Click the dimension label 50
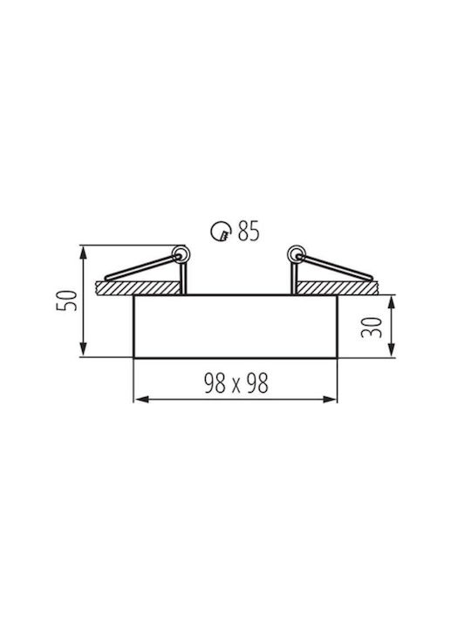pos(66,300)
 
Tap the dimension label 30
pos(372,327)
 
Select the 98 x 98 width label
pos(235,383)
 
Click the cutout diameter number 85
pos(249,231)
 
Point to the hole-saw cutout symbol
pos(221,232)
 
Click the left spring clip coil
pos(181,254)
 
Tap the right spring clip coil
pos(297,253)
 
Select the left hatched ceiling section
pos(138,288)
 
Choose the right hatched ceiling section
pos(338,288)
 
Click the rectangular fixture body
pos(235,327)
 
